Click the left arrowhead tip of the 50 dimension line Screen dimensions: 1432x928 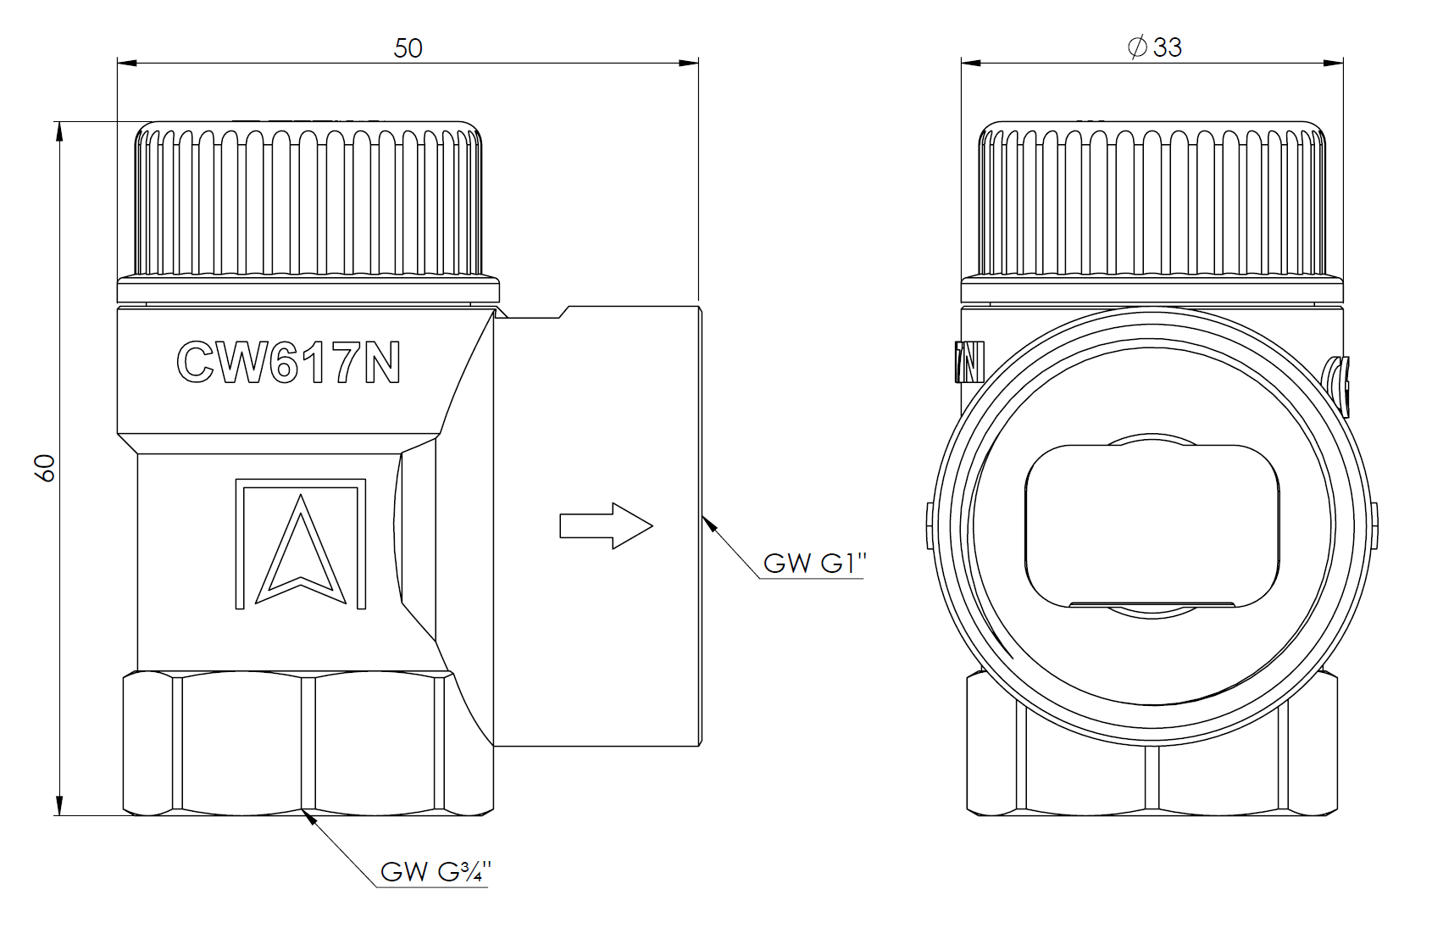(118, 64)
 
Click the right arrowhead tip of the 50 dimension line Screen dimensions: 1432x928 (698, 64)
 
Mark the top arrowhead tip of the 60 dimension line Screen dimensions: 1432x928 (59, 121)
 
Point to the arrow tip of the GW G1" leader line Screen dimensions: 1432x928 (702, 515)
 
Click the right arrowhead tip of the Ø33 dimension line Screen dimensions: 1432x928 (1343, 63)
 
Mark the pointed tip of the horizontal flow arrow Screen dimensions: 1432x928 (652, 525)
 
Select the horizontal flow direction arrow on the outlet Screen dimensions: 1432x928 (606, 525)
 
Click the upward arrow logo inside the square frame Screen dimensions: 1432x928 (301, 549)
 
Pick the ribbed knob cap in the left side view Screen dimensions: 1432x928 (308, 199)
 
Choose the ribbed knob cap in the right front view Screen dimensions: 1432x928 (1152, 199)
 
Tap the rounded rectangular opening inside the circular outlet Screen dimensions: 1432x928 (1152, 525)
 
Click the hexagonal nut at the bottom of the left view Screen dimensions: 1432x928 (308, 743)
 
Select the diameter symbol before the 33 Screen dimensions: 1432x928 (1138, 47)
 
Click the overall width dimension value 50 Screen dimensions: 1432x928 (408, 48)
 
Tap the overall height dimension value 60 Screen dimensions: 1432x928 (45, 468)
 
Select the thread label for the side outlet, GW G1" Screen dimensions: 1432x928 (814, 563)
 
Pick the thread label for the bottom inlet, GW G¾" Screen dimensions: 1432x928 (436, 871)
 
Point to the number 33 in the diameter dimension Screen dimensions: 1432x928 (1168, 47)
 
